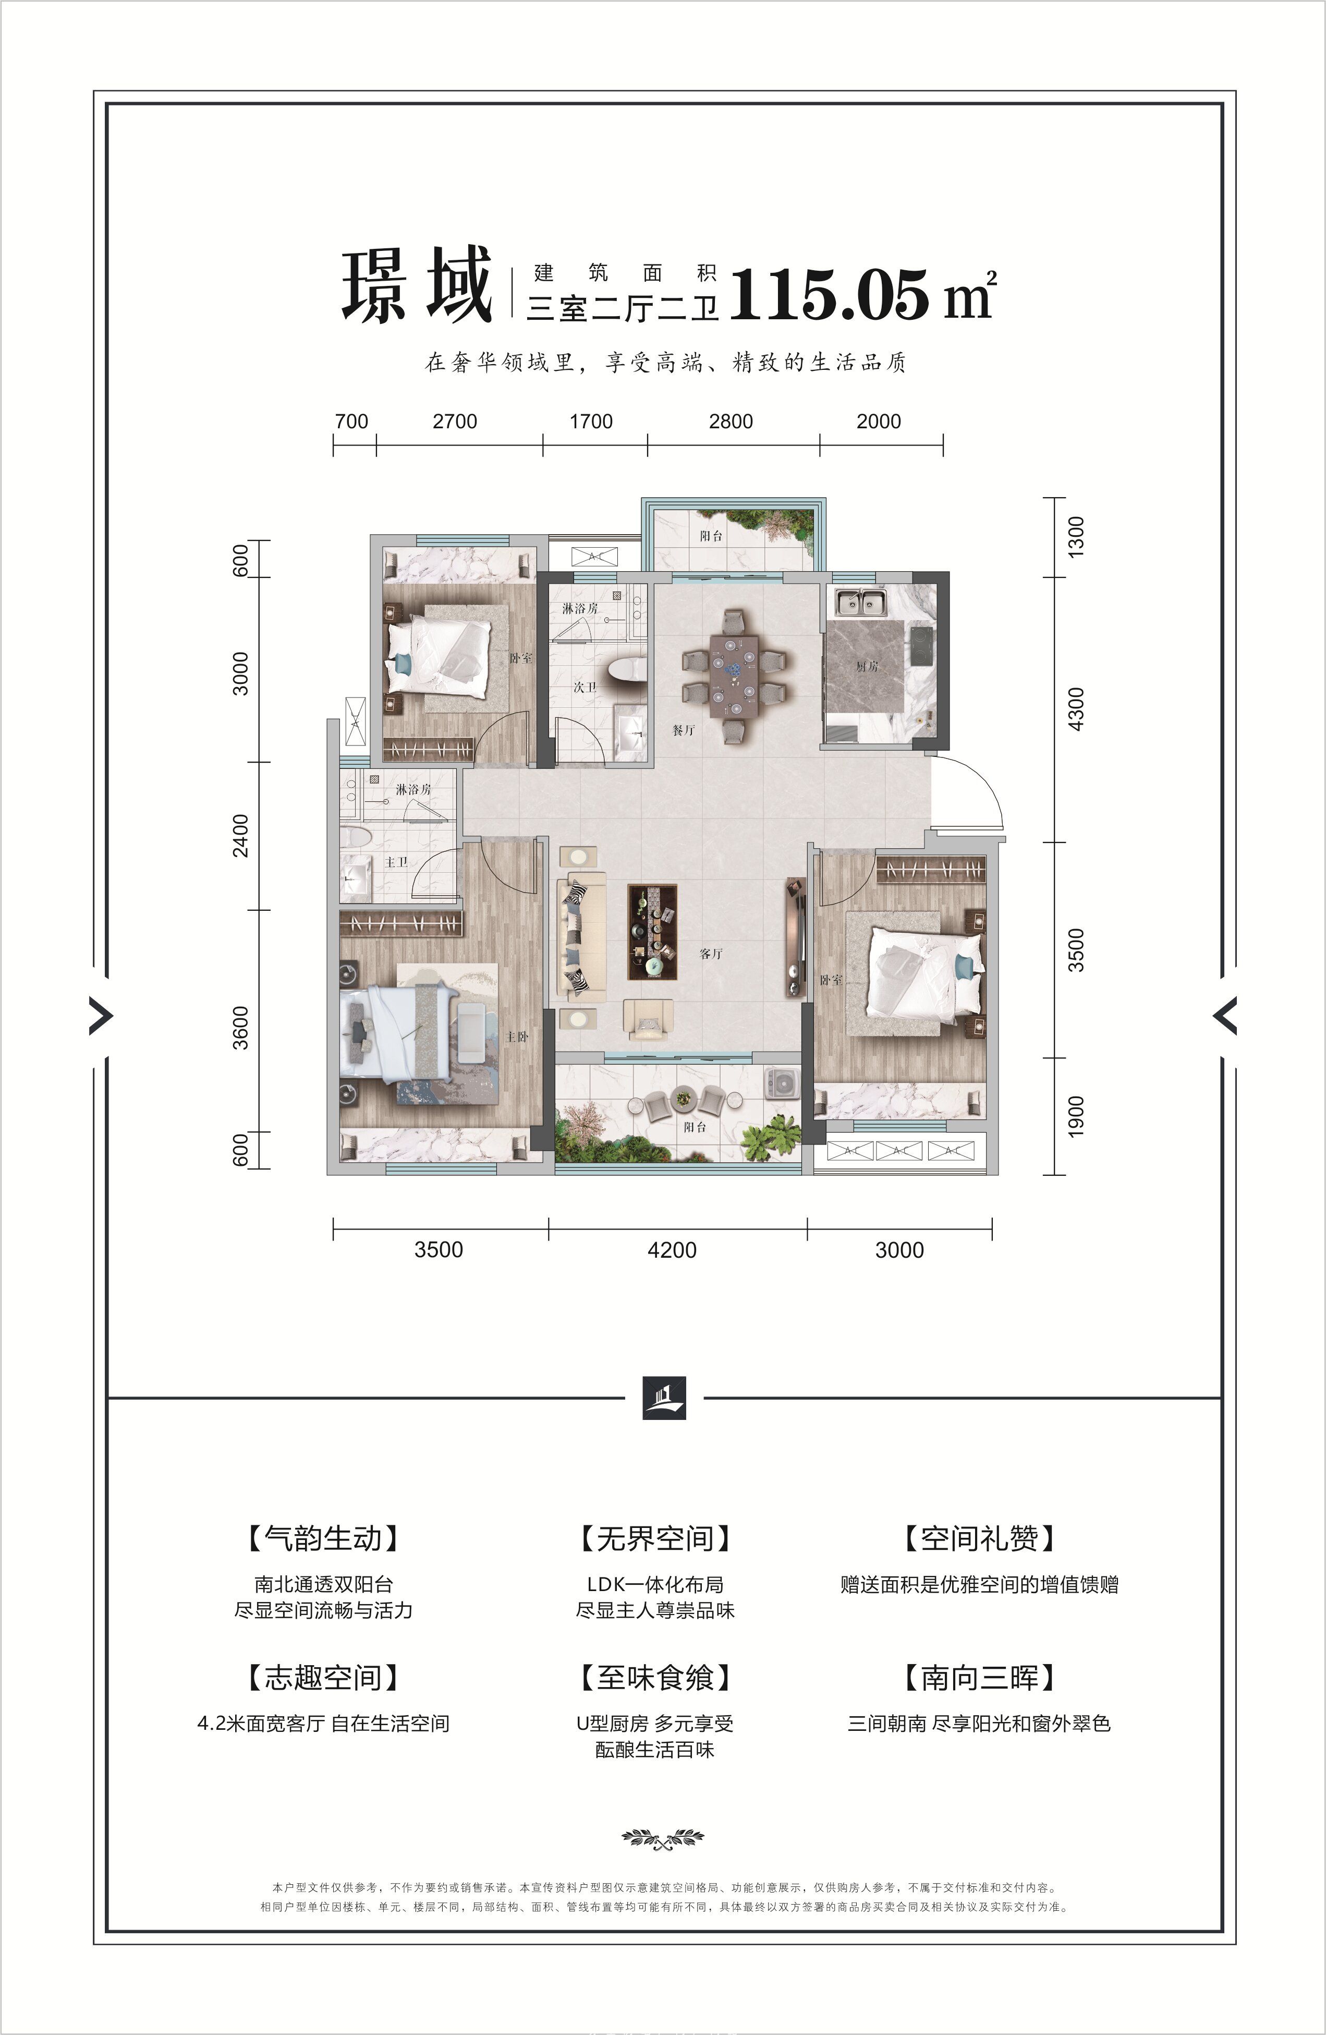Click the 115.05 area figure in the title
pos(829,294)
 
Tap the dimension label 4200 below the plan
pos(673,1250)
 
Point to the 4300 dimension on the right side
pos(1076,709)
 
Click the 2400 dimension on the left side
pos(241,835)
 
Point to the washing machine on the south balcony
pos(781,1084)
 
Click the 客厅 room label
pos(711,954)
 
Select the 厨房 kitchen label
pos(867,665)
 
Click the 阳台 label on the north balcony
pos(711,536)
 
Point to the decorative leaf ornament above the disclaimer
pos(663,1837)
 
